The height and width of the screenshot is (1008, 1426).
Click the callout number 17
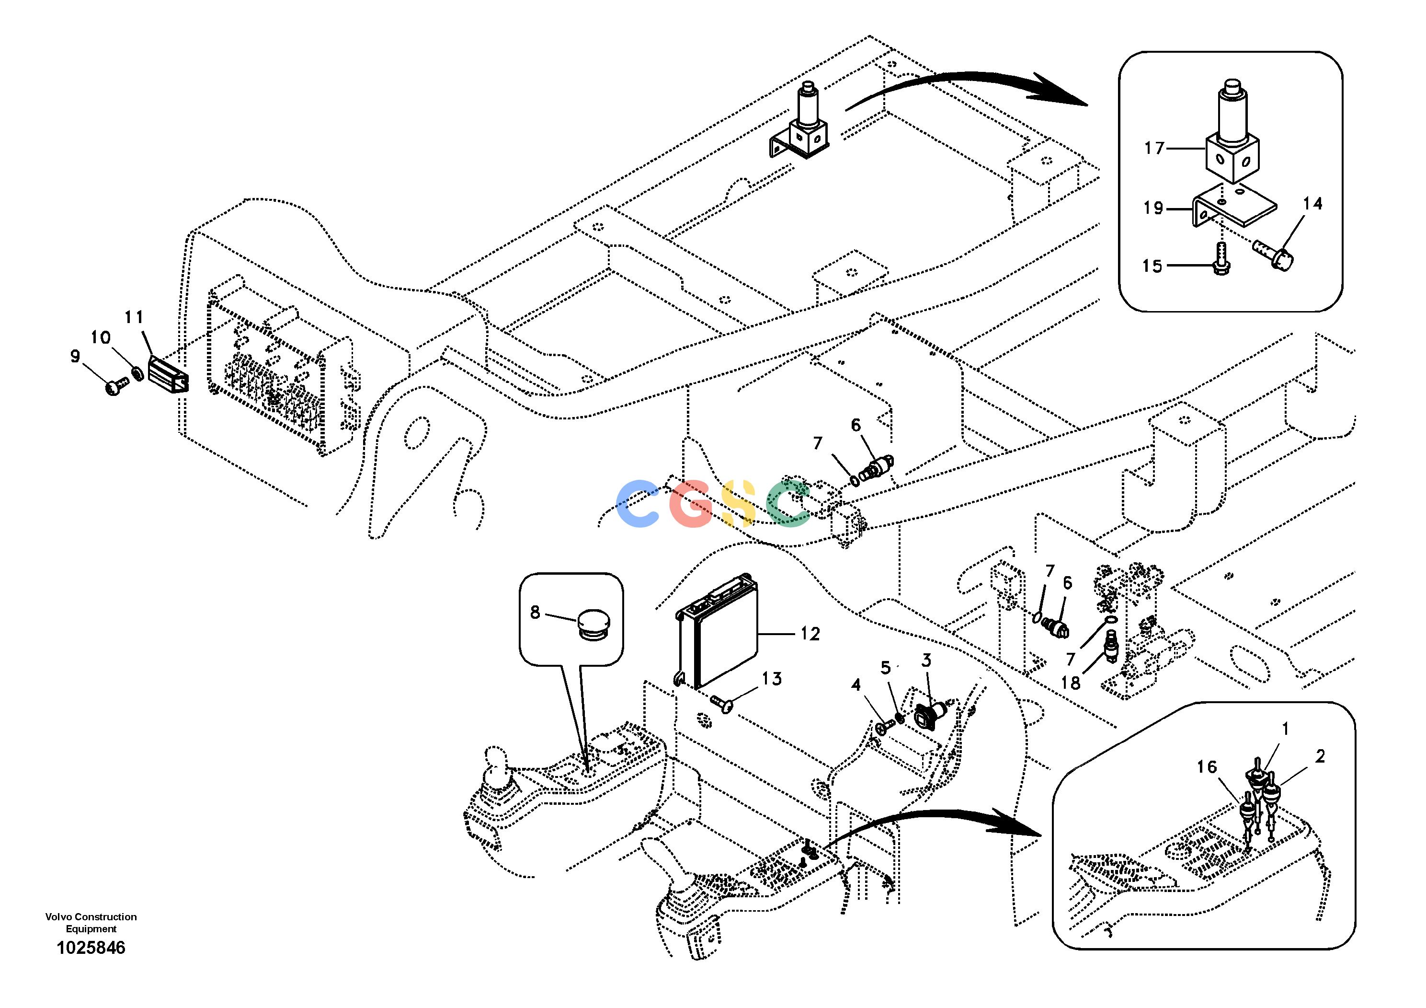coord(1154,149)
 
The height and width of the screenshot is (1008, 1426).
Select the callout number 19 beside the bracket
coord(1153,208)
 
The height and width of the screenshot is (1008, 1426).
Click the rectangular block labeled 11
coord(168,373)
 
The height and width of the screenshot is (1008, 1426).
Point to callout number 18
coord(1070,683)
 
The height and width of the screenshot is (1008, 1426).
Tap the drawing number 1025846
coord(91,948)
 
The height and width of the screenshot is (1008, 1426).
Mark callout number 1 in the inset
coord(1285,729)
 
